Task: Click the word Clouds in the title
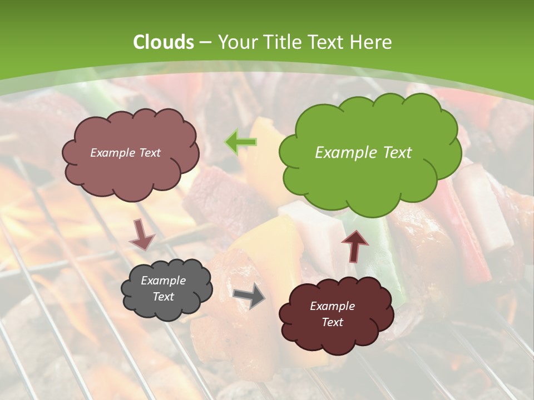164,42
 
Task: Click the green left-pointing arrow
241,142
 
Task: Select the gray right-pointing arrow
249,296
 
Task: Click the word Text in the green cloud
397,153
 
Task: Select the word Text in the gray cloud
164,297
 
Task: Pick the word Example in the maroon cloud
332,306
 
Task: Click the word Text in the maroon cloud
332,322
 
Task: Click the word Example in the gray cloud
164,281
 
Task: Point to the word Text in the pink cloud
149,153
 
